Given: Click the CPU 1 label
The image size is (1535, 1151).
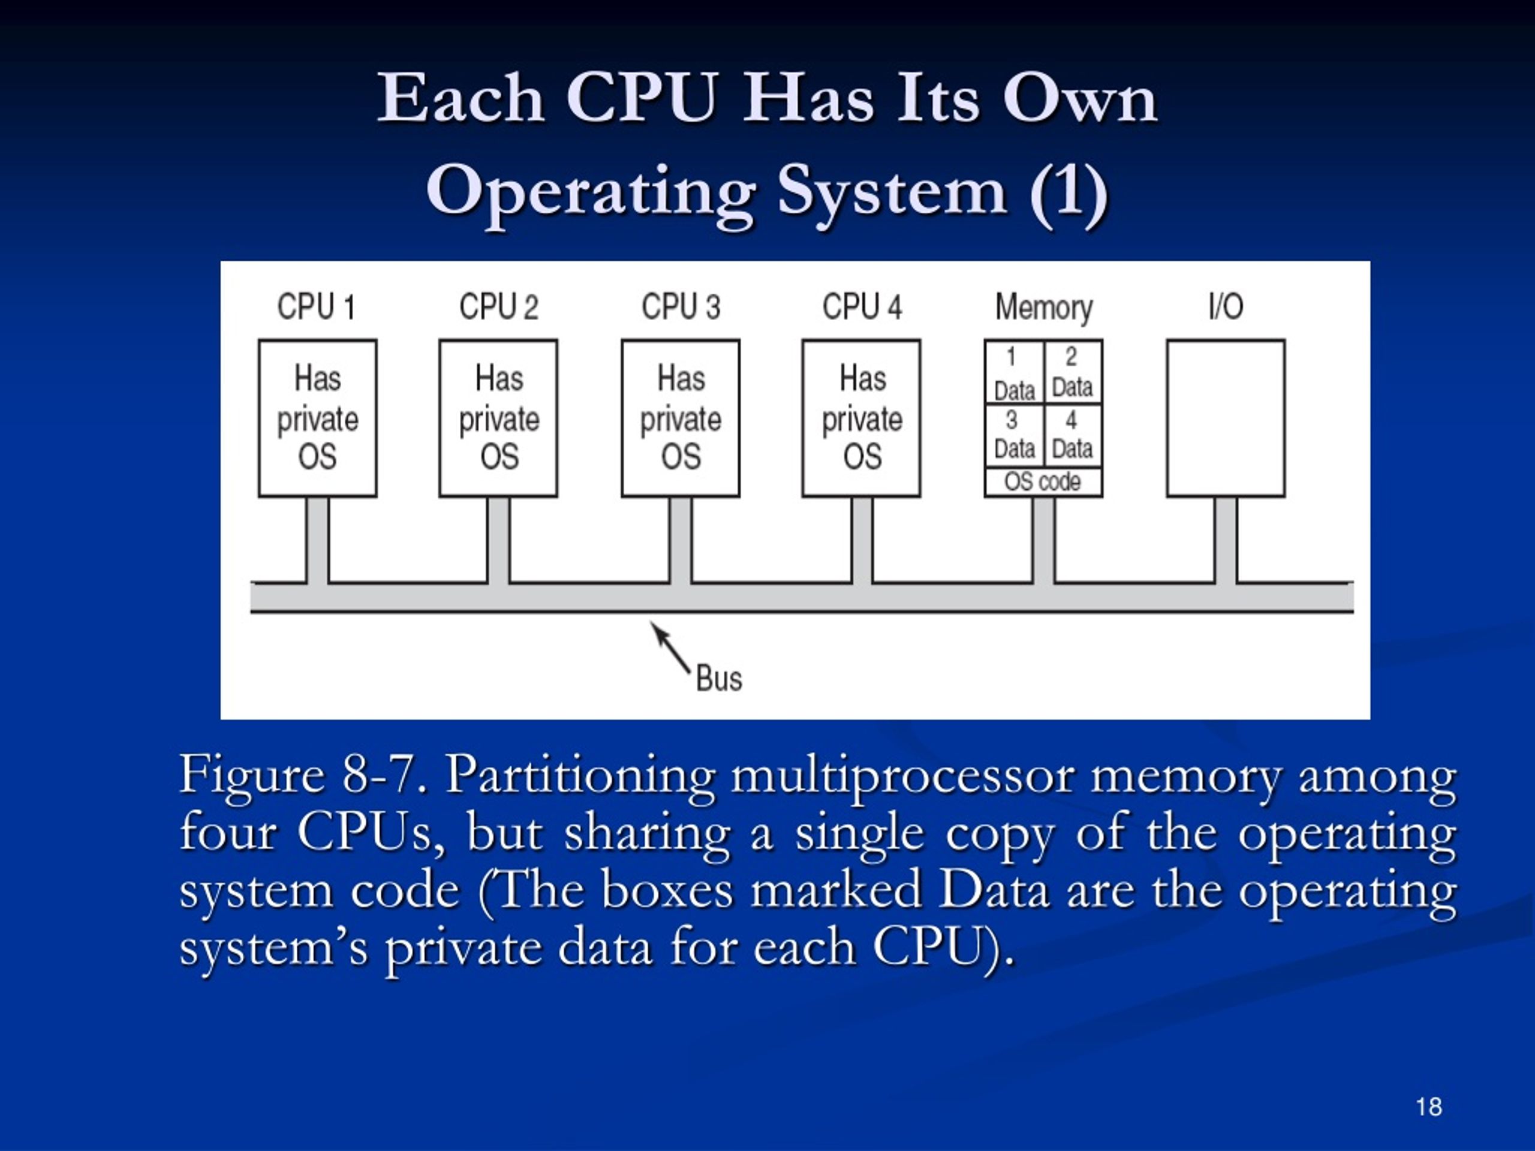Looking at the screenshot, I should [x=317, y=307].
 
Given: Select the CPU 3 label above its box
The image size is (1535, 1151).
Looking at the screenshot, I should [x=681, y=307].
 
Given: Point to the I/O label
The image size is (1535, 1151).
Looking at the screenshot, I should [x=1226, y=307].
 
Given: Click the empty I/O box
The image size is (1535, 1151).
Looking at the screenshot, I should [x=1226, y=418].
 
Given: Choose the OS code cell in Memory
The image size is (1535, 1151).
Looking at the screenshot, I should [x=1043, y=481].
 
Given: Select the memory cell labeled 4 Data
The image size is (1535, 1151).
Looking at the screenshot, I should [x=1072, y=436].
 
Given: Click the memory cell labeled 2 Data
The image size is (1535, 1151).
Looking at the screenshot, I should [x=1072, y=373].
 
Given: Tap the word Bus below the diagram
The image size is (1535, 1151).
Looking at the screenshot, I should [x=719, y=679].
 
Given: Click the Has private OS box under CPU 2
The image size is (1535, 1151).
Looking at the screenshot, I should [x=498, y=418].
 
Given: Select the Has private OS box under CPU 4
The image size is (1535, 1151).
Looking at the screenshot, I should [x=862, y=418].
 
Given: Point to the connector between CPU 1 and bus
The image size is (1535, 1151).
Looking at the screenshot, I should [x=317, y=540].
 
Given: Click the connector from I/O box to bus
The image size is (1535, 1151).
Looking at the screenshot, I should [x=1226, y=540].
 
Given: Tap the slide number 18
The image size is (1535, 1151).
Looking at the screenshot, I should [x=1429, y=1107].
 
